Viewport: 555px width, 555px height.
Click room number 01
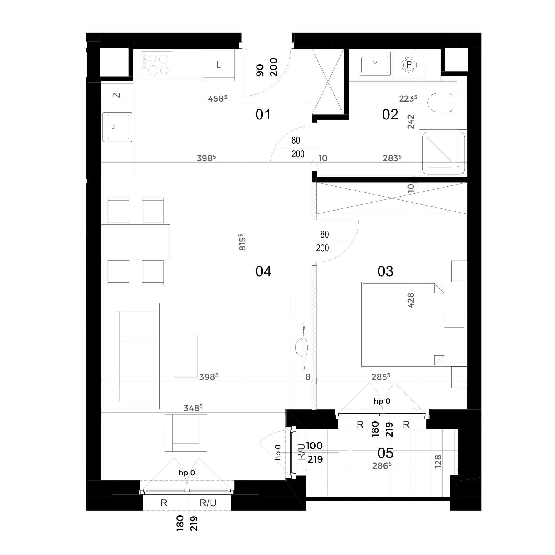click(263, 115)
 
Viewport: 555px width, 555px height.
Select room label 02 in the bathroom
click(390, 115)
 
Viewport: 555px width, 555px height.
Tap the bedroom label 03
click(385, 271)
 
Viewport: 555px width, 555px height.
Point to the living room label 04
click(263, 271)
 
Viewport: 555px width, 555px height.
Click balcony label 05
click(385, 453)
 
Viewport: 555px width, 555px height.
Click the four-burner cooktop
click(157, 65)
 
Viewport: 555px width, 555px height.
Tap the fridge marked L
click(218, 65)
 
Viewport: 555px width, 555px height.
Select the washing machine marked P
click(409, 65)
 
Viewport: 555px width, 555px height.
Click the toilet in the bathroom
click(440, 102)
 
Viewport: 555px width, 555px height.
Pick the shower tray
click(443, 153)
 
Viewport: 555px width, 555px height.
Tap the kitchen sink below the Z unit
click(117, 127)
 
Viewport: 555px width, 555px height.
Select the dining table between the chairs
click(135, 241)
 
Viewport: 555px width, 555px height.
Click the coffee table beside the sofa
click(186, 356)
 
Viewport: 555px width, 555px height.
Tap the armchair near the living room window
click(186, 433)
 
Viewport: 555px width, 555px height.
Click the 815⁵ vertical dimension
click(242, 242)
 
